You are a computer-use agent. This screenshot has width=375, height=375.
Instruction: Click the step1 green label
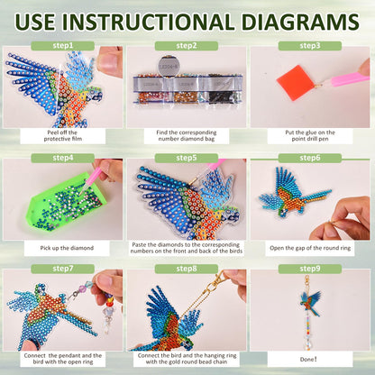(63, 46)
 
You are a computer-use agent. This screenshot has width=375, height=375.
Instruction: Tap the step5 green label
(187, 158)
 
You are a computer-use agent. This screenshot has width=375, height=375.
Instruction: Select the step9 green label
(310, 269)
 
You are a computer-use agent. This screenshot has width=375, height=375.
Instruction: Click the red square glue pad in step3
(296, 79)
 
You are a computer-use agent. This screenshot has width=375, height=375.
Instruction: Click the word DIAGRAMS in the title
(300, 22)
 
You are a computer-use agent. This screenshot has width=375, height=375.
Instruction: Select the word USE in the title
(35, 22)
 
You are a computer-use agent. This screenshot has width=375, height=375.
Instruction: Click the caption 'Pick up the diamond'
(67, 248)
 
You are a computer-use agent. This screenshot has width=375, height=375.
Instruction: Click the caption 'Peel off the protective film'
(63, 136)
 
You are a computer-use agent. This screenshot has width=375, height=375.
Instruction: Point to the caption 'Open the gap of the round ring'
(310, 248)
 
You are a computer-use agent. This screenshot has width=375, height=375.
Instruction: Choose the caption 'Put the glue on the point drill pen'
(310, 136)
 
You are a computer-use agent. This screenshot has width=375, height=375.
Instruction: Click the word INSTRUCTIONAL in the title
(148, 22)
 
